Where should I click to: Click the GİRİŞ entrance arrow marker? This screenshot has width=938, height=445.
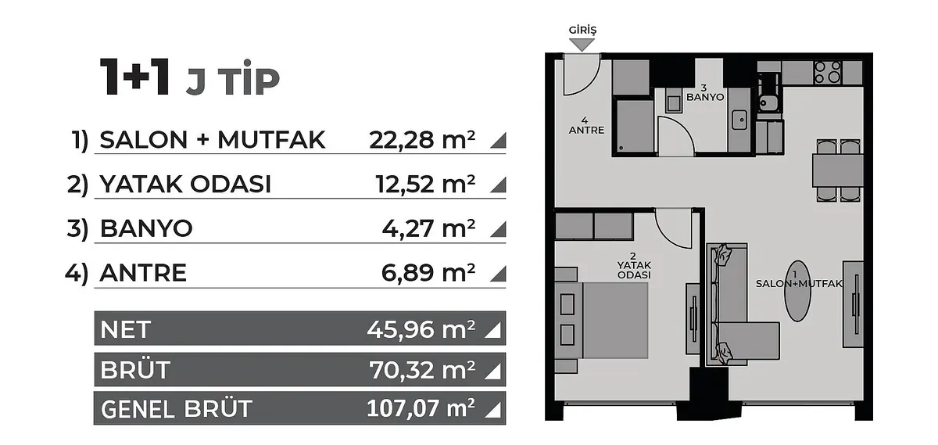point(582,45)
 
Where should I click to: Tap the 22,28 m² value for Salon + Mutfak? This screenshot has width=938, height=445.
point(422,140)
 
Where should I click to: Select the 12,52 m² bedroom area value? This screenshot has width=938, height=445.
point(425,185)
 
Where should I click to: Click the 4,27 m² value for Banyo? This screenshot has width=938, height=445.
point(429,229)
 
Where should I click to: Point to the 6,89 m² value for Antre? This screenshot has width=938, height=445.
point(428,273)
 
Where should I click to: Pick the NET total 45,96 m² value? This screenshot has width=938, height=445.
point(421,329)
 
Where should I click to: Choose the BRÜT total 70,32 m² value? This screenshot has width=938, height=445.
point(422,370)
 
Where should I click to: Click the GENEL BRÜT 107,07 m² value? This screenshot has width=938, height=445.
point(421,408)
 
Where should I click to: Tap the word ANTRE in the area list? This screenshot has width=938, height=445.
point(143,273)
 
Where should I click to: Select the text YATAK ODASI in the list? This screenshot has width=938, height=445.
point(185,185)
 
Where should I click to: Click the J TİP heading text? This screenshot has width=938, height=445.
point(233,81)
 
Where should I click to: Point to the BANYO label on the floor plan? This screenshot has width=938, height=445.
point(705,97)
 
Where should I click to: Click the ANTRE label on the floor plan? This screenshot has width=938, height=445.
point(586,131)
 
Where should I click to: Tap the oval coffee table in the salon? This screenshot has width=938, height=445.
point(797,291)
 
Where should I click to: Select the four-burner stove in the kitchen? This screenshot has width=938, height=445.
point(828,73)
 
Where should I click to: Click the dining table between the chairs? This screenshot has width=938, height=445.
point(838,170)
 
